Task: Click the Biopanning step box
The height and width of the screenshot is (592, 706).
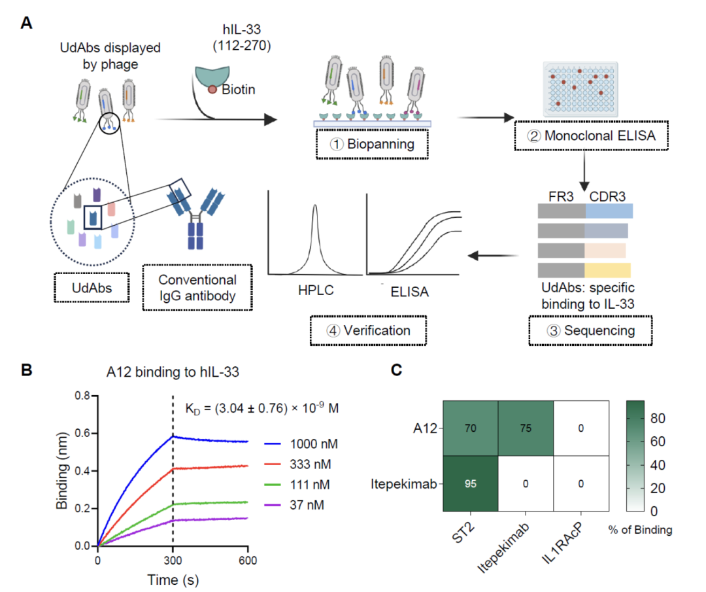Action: tap(371, 144)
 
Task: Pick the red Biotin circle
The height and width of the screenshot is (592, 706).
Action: tap(213, 90)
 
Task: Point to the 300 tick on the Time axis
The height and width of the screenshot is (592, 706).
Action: tap(173, 560)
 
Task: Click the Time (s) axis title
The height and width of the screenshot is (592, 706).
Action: tap(173, 579)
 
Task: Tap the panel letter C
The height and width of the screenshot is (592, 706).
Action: tap(395, 370)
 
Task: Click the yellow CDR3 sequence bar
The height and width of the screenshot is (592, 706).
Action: tap(608, 270)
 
